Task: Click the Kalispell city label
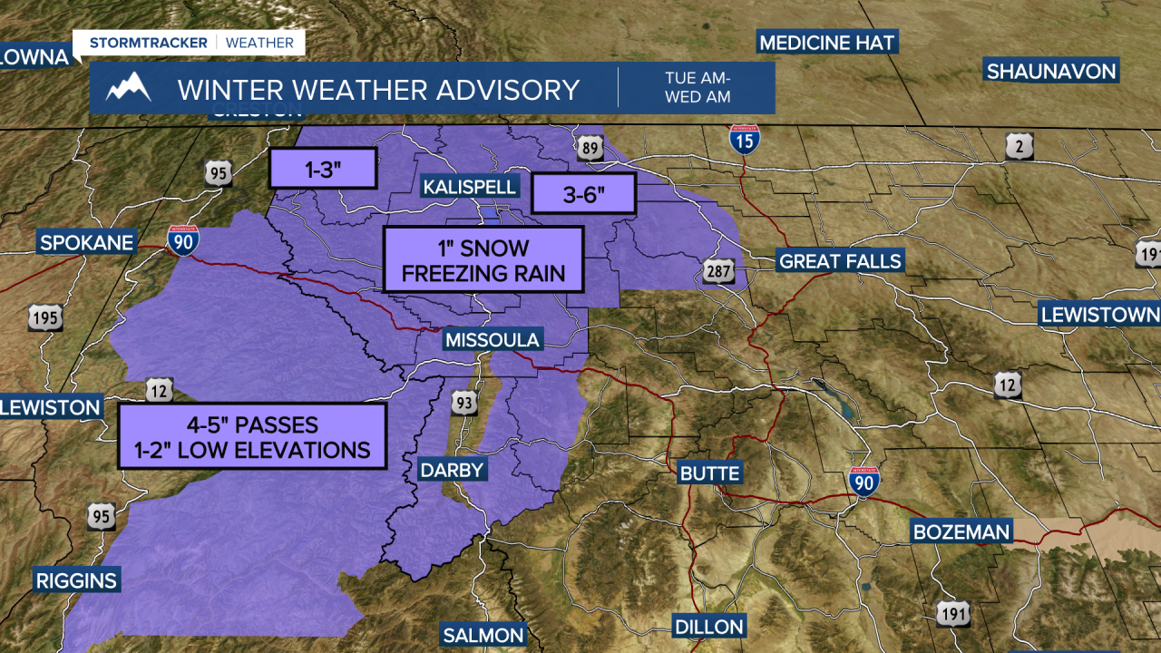coord(470,187)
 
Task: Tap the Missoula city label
coord(492,340)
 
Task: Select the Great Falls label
coord(841,261)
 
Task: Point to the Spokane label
coord(86,242)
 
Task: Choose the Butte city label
coord(710,473)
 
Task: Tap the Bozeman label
coord(961,531)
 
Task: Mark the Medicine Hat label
coord(827,43)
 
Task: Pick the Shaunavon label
coord(1051,71)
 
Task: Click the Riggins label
coord(76,580)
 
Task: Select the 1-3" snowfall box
coord(322,168)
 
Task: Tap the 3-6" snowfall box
coord(584,193)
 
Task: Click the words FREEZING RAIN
coord(483,273)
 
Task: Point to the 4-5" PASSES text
coord(252,424)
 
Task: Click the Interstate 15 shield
coord(744,140)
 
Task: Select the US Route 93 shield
coord(463,402)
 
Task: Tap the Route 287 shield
coord(717,269)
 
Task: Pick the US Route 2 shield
coord(1020,146)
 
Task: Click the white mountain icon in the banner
coord(128,88)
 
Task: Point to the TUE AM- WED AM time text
coord(697,87)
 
